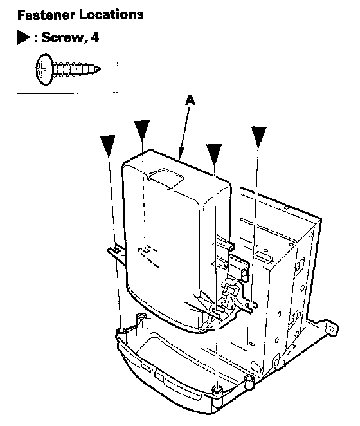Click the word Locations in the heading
[x=111, y=14]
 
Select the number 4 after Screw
[x=94, y=37]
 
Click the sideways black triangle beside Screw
[x=23, y=37]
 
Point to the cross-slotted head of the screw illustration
[x=44, y=69]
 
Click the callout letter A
[x=190, y=100]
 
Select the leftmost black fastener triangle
[x=108, y=145]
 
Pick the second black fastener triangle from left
[x=141, y=130]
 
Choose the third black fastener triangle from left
[x=214, y=154]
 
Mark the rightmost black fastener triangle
[x=258, y=136]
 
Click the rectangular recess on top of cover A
[x=166, y=178]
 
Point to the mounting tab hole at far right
[x=331, y=329]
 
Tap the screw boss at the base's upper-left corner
[x=141, y=319]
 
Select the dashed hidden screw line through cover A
[x=144, y=196]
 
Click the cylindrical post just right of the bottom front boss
[x=249, y=382]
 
